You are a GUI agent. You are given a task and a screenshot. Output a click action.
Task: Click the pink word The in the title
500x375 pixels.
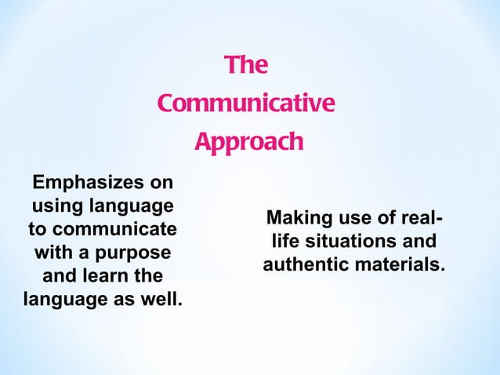(x=245, y=66)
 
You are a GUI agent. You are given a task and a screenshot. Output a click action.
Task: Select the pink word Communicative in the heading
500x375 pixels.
(x=245, y=104)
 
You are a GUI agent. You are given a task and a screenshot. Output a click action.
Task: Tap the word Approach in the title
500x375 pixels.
(x=248, y=143)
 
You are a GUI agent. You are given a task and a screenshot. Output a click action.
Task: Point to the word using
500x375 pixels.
(x=58, y=207)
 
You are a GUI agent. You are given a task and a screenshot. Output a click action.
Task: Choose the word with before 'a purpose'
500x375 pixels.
(x=50, y=254)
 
